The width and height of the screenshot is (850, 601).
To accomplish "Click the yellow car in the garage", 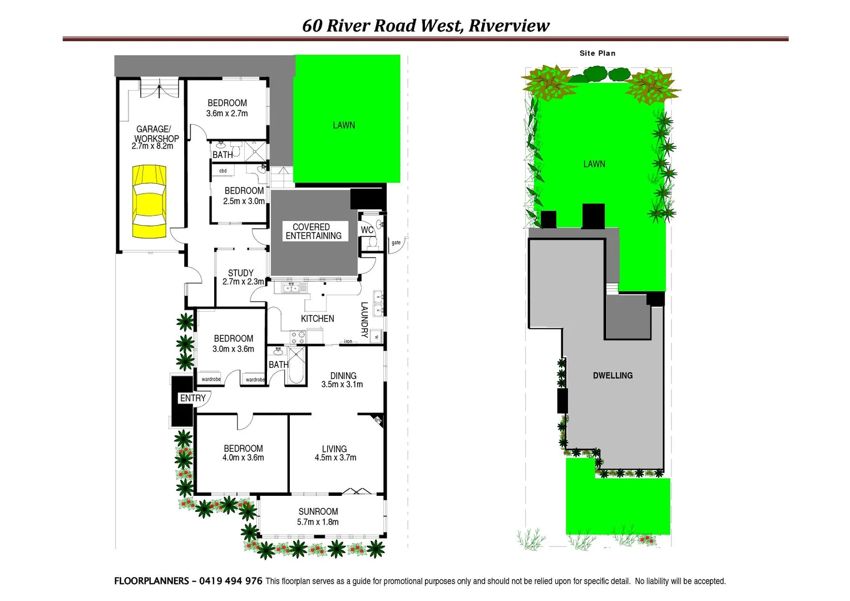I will [x=149, y=201].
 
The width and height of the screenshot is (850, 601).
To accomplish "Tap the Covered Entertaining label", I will [x=313, y=231].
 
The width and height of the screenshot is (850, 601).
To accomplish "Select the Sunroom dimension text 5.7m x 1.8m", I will [x=318, y=522].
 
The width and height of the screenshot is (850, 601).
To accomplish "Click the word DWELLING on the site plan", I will [x=612, y=376].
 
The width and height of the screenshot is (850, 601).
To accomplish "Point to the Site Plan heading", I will [x=597, y=53].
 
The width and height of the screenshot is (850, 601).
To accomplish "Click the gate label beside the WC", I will [x=396, y=243].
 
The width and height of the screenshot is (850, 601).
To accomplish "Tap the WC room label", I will [x=367, y=230].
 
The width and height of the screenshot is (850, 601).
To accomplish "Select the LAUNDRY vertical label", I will [x=364, y=320].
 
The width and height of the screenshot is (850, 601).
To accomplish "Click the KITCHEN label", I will [x=318, y=319].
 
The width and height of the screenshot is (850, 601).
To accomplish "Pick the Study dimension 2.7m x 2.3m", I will [x=243, y=282].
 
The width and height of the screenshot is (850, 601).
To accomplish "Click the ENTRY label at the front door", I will [x=192, y=398].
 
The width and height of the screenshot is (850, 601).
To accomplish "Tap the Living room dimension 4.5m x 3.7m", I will [x=335, y=457].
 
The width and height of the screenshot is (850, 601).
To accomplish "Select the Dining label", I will [x=343, y=376].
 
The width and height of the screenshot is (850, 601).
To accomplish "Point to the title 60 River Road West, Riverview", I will [x=426, y=26].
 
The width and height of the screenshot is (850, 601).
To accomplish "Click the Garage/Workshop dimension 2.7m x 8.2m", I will [x=152, y=146].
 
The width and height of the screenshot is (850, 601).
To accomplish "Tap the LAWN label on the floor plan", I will [x=344, y=126].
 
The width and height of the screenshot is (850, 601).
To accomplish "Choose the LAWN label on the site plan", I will [x=594, y=164].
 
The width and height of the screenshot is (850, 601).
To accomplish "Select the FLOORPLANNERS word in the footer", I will [x=151, y=581].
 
